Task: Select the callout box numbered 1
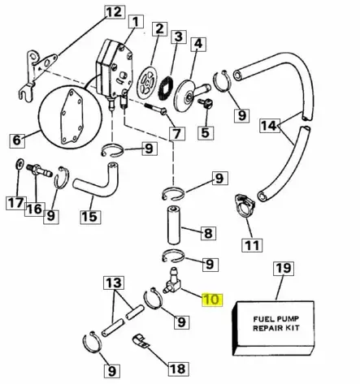135,21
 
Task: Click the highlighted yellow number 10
211,299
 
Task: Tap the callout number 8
208,234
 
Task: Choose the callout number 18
176,368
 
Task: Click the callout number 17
15,202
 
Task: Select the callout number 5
204,132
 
